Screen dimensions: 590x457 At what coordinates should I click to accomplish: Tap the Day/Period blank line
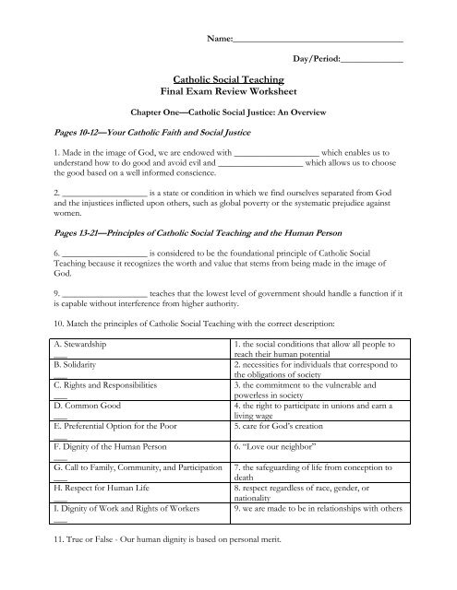(x=371, y=62)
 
